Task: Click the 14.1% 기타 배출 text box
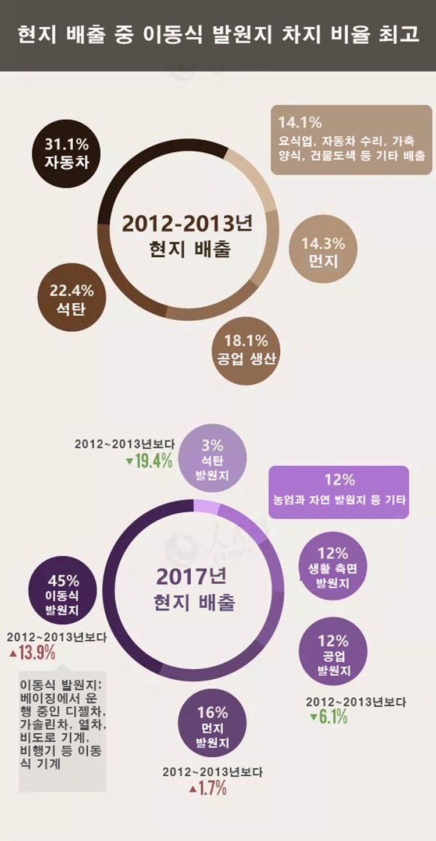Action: click(351, 139)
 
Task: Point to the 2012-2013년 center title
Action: click(191, 224)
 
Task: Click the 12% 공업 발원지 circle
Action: click(333, 655)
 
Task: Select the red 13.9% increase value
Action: click(34, 652)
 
